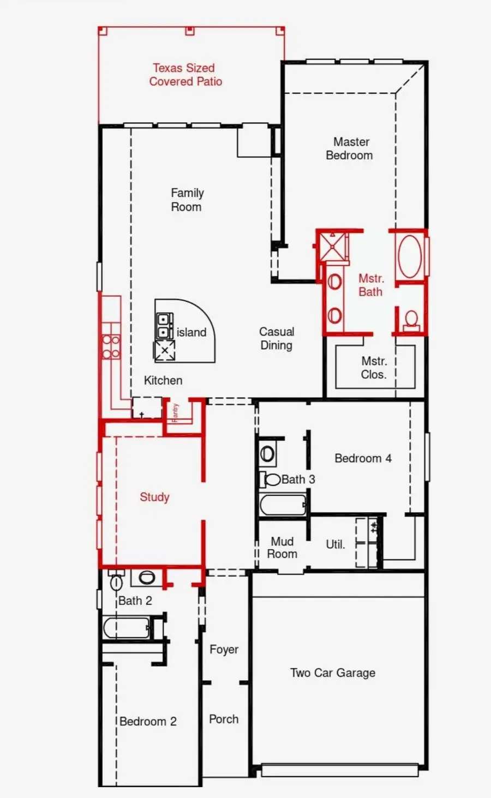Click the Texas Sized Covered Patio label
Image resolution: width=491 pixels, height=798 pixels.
(185, 75)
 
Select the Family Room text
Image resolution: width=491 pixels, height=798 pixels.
(187, 200)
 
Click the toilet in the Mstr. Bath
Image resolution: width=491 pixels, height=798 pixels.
(411, 321)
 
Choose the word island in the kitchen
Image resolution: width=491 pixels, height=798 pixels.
(191, 332)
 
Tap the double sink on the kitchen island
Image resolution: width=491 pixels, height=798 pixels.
(163, 326)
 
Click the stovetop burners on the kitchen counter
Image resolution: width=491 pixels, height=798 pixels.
(111, 347)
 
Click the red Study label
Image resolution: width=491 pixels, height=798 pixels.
(154, 497)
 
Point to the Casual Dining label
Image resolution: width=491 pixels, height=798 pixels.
(276, 338)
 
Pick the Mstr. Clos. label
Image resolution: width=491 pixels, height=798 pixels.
(374, 368)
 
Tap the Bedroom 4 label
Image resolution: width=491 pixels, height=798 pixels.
(363, 458)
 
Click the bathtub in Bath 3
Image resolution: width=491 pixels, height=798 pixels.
(283, 505)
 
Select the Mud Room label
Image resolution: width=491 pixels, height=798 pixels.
(282, 548)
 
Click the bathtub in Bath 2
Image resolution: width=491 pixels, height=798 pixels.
(127, 628)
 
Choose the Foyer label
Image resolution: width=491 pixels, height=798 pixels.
(224, 650)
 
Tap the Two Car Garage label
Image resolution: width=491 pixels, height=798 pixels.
(332, 673)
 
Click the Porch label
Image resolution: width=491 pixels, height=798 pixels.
(224, 719)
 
